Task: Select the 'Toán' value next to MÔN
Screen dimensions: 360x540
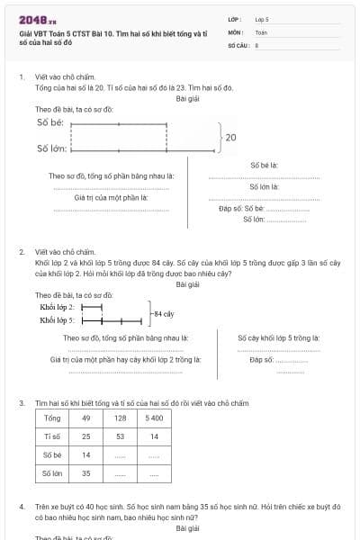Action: click(261, 31)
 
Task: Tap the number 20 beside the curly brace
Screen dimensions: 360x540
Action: click(231, 138)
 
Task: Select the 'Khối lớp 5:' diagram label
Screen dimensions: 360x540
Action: click(58, 319)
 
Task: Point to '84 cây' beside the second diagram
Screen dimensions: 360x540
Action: click(163, 313)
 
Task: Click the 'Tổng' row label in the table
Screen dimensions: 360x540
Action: click(52, 418)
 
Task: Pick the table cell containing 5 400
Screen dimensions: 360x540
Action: click(154, 418)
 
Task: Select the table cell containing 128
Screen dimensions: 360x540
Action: click(120, 418)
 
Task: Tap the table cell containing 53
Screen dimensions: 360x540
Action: click(120, 436)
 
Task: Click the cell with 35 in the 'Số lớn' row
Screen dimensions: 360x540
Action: click(85, 472)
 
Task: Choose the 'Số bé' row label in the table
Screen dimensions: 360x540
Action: click(52, 454)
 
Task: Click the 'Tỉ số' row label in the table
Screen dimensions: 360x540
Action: click(52, 436)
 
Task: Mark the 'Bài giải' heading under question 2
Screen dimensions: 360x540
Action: click(187, 284)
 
